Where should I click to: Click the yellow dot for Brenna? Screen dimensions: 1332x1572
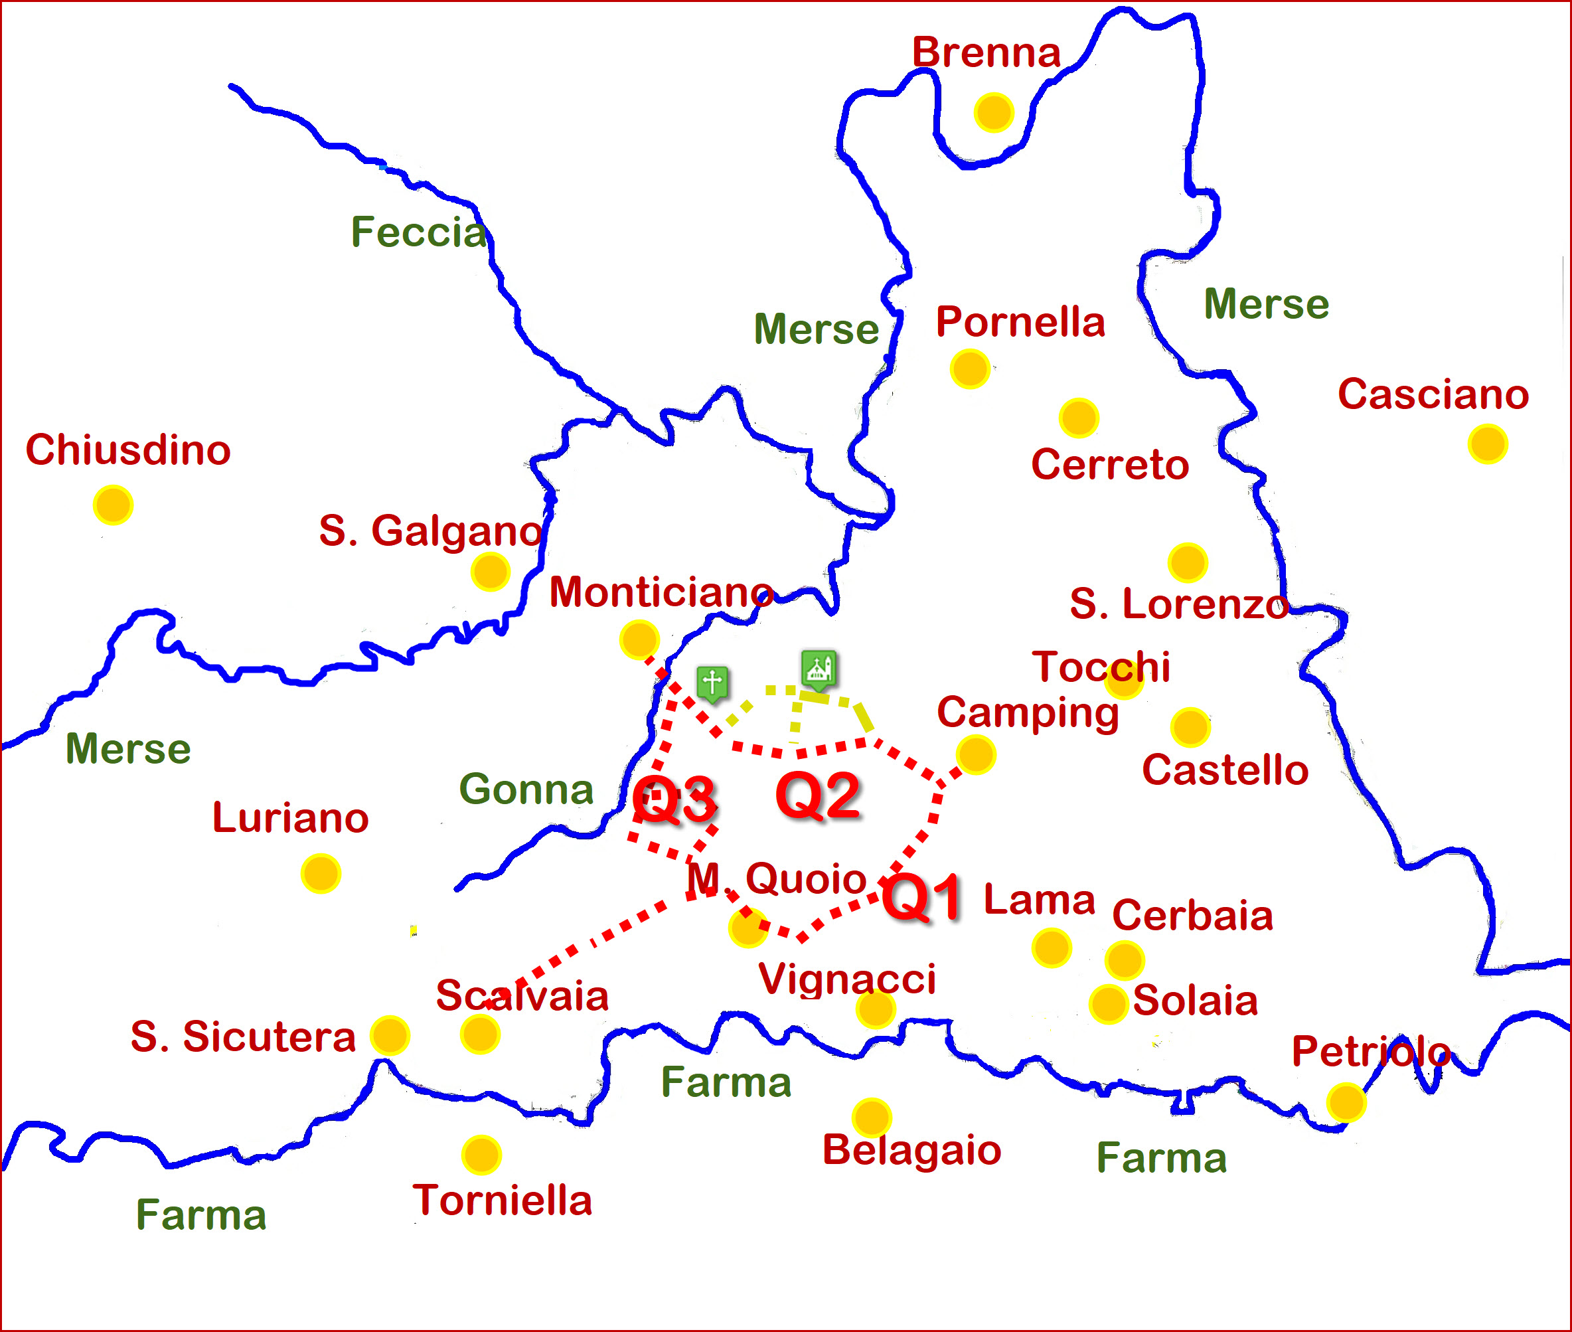pos(993,112)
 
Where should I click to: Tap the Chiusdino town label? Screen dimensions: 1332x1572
pos(128,450)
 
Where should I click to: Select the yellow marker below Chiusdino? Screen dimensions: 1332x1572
pos(114,505)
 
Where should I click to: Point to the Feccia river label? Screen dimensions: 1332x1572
pos(418,232)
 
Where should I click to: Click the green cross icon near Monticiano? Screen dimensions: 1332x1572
pos(712,683)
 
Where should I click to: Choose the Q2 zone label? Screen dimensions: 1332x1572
pos(819,796)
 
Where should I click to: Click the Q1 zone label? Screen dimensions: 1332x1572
pos(922,897)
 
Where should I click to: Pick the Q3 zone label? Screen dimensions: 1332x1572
pos(674,799)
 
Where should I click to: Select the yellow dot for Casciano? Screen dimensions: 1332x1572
pos(1488,444)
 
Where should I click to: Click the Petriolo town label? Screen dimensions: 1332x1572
pos(1370,1050)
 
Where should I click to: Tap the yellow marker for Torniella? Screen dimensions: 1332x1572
pos(482,1155)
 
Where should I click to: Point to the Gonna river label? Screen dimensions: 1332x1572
pos(526,789)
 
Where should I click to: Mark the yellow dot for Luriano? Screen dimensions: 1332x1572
pos(321,874)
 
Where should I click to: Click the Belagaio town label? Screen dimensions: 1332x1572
pos(911,1150)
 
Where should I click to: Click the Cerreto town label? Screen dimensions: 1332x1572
pos(1109,464)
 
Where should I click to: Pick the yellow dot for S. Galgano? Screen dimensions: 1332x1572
pos(490,572)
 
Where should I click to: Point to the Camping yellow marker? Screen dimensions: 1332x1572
pos(975,754)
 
